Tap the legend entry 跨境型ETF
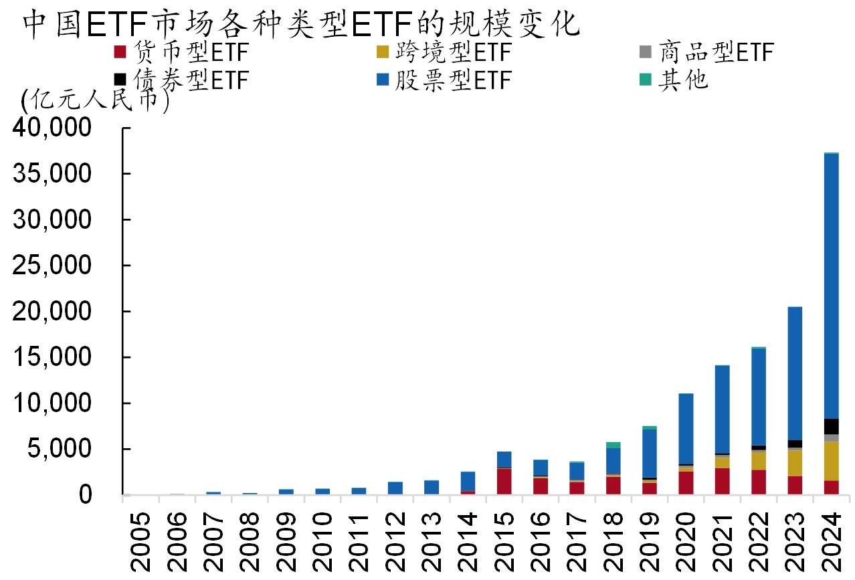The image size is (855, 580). tap(444, 52)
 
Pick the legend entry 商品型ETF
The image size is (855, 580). tap(706, 52)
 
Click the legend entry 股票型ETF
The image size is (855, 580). tap(444, 80)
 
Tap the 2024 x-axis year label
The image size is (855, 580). tap(831, 543)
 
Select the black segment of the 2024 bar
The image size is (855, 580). tap(831, 426)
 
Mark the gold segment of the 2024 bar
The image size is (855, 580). tap(831, 461)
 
